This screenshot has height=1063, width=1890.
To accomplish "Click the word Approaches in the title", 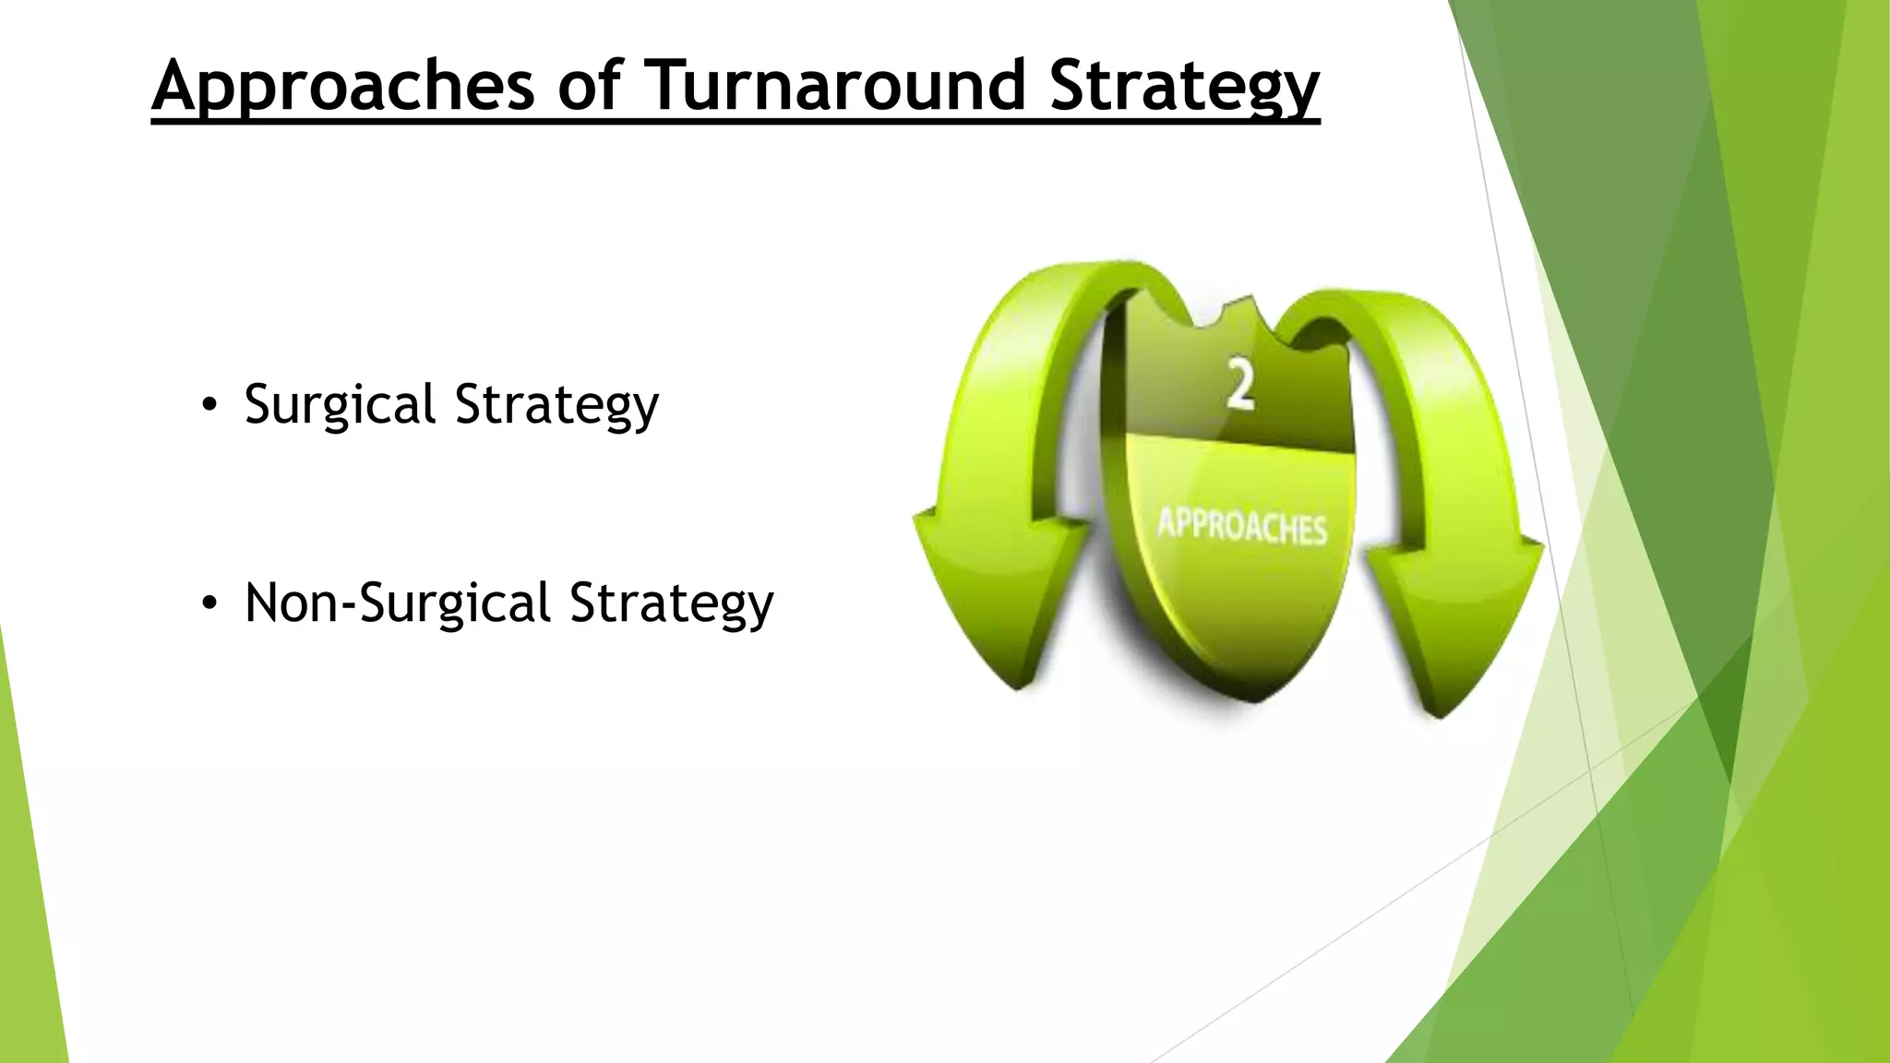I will pos(343,86).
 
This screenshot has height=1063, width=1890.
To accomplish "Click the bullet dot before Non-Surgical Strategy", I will pos(209,603).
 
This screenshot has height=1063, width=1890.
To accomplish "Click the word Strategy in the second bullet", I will pos(671,603).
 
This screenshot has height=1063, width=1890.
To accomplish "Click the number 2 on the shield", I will pos(1241,386).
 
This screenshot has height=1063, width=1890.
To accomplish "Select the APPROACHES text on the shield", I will pos(1242,526).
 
